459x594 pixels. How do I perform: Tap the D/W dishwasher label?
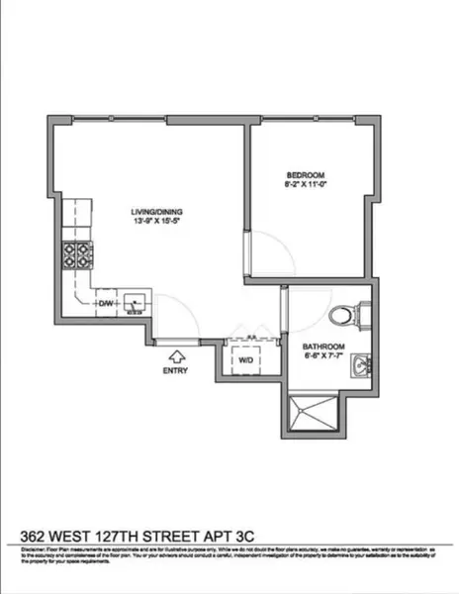pyautogui.click(x=106, y=303)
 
